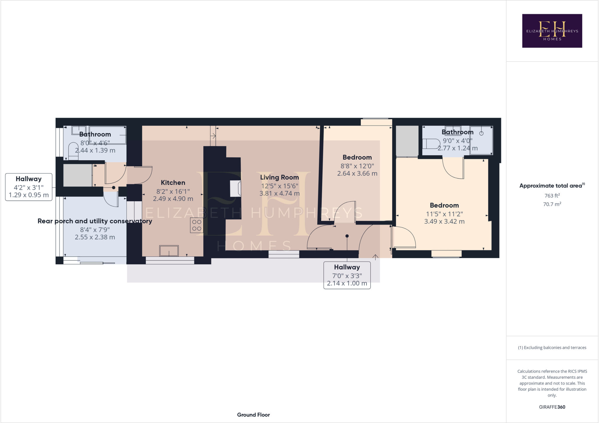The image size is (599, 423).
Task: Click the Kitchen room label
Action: [x=173, y=183]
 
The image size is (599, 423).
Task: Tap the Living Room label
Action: [x=279, y=177]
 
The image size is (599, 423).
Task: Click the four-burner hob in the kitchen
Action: [x=197, y=225]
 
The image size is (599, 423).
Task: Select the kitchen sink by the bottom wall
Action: [x=169, y=251]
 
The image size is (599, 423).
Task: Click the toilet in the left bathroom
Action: [x=73, y=151]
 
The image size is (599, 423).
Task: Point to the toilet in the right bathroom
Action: [x=431, y=144]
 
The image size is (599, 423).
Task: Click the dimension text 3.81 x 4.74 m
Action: [x=279, y=193]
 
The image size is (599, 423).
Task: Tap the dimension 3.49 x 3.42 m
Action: [x=444, y=221]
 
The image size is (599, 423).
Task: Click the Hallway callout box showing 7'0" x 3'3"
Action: [x=347, y=275]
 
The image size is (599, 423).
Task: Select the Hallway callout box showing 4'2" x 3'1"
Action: [x=29, y=187]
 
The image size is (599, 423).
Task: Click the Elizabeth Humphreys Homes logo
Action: [x=552, y=31]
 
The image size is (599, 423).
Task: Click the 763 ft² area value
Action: [x=552, y=196]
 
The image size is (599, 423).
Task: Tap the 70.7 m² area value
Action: [x=552, y=204]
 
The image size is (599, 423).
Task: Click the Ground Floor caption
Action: [x=253, y=415]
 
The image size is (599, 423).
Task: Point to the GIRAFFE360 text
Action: [x=552, y=407]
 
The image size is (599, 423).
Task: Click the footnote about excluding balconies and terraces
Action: [x=552, y=348]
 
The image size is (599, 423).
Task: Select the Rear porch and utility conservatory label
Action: [x=95, y=221]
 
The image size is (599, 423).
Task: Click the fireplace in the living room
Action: [x=235, y=188]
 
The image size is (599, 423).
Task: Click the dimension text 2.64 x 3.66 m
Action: [x=357, y=173]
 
